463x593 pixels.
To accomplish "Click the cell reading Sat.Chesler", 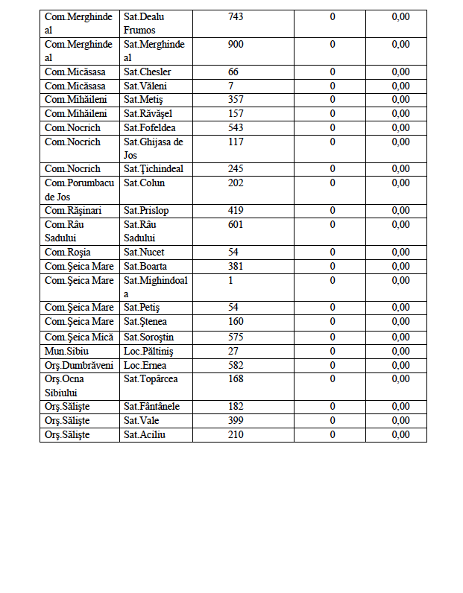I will [147, 72].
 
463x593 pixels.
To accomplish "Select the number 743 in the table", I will [236, 17].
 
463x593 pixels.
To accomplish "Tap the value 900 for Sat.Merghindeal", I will [236, 45].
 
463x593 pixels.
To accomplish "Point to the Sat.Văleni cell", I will [144, 86].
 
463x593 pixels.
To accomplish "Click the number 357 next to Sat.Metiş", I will [236, 100].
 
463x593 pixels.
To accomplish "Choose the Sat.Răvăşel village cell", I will [148, 114].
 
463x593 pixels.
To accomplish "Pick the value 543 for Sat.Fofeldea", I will [236, 128].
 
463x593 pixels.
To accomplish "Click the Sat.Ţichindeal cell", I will [153, 169].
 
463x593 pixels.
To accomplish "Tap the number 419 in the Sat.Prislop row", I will [236, 211].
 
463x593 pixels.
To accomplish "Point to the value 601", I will [236, 225].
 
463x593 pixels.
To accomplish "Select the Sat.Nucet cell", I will [144, 253].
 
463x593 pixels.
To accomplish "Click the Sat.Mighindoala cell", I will [155, 287].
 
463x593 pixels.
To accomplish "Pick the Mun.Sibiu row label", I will [66, 351].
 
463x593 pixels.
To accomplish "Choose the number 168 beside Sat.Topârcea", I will [236, 379].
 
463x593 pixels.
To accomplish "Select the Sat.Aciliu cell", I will [144, 435].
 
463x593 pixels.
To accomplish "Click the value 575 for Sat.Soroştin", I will [236, 337].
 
